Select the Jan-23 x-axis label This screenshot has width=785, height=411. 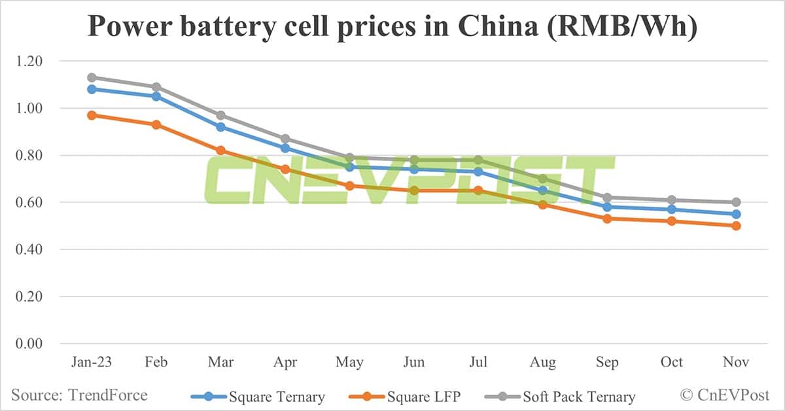(x=92, y=363)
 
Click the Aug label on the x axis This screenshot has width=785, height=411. (x=543, y=363)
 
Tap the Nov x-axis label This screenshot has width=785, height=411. (x=736, y=363)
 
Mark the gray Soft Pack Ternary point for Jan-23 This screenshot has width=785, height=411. (x=92, y=77)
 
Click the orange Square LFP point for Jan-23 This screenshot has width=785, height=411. (x=92, y=115)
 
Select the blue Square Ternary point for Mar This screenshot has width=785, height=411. (x=220, y=127)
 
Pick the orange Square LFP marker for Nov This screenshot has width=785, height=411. (x=736, y=226)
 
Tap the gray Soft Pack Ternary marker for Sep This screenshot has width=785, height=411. (x=607, y=198)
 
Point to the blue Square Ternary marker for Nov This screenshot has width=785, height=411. (x=736, y=214)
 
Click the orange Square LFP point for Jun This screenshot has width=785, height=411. (x=414, y=190)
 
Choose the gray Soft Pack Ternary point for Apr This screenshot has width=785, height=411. (x=285, y=139)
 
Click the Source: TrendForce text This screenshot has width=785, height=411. (x=79, y=395)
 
